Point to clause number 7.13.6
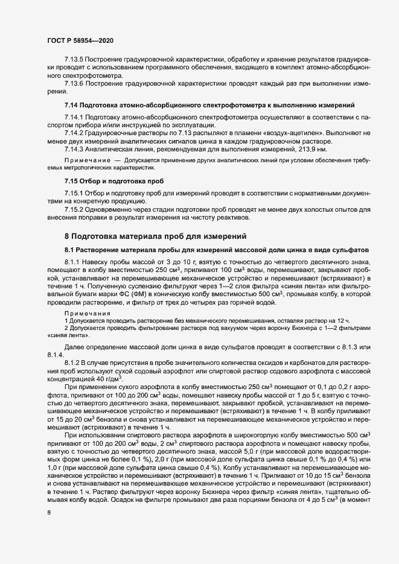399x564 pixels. [75, 83]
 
